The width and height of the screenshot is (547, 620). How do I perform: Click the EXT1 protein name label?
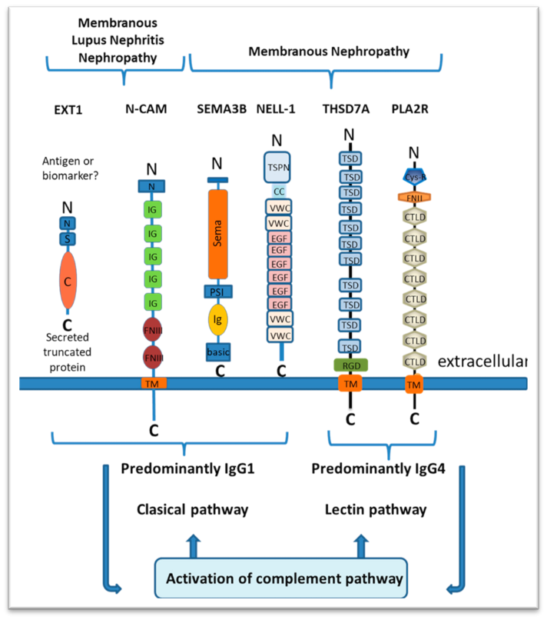click(68, 109)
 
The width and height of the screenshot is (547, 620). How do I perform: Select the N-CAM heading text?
click(147, 109)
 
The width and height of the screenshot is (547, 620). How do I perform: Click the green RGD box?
click(350, 365)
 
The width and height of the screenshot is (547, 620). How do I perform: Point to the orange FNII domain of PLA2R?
click(415, 196)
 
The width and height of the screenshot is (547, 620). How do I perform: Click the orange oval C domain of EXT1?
click(69, 282)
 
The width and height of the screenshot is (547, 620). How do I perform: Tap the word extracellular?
click(482, 360)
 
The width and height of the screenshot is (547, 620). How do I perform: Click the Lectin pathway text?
click(376, 509)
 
